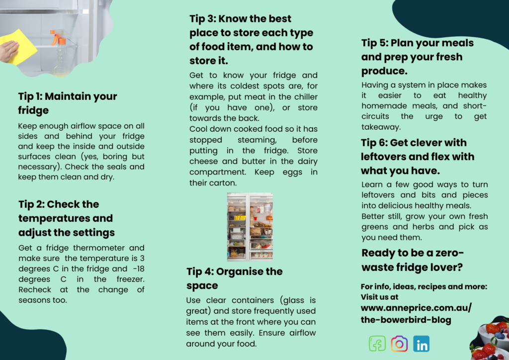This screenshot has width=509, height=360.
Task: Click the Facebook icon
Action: pos(377,344)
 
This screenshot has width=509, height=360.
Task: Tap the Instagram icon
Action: pos(399,344)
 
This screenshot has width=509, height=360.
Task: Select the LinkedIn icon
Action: pos(422,344)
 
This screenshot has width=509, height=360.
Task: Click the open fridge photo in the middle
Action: pos(250,227)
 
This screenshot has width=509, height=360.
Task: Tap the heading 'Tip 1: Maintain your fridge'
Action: pos(68,103)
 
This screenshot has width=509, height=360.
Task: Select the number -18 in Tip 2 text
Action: pos(139,269)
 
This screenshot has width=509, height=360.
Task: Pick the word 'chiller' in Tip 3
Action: pos(306,97)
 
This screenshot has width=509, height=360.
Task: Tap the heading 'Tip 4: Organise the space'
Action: pos(235,278)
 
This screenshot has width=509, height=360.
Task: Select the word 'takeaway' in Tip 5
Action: pos(381,127)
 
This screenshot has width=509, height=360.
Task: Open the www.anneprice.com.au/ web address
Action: pos(416,308)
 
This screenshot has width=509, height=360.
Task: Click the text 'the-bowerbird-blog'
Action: pos(406,320)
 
